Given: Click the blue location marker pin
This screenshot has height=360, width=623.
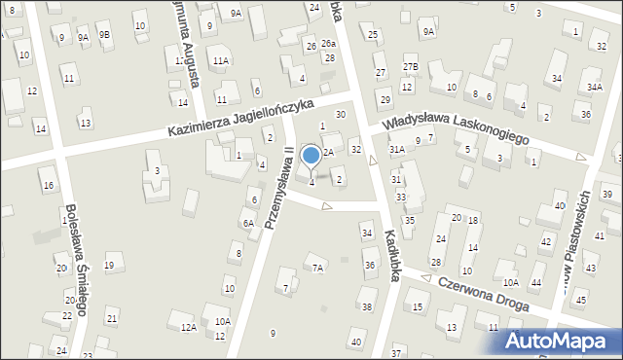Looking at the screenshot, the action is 311,156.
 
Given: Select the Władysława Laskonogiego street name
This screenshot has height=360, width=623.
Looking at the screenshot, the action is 455,128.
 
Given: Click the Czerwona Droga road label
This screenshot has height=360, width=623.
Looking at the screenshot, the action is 483,293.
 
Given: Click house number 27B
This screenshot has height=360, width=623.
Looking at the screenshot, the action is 411,67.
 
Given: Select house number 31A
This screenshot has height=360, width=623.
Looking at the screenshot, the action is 397,149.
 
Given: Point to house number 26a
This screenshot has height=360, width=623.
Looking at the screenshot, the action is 329,44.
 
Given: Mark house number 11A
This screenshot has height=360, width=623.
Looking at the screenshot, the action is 221,60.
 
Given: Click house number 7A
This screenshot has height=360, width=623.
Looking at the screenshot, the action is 316,268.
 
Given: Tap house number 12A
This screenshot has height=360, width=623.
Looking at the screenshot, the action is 189,328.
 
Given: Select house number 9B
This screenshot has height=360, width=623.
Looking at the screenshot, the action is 104,35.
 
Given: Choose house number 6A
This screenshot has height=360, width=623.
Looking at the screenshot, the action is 248,223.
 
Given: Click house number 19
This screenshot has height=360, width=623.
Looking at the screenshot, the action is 110,266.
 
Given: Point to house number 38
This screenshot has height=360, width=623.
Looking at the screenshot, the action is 367,306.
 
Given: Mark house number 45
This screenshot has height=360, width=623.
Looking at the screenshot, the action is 582,299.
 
